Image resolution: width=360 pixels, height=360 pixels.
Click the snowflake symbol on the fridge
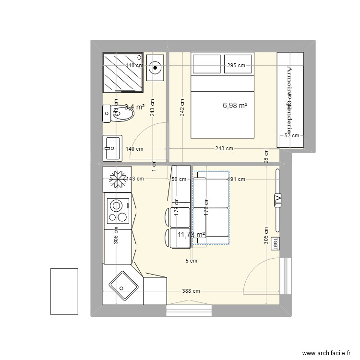coord(117,179)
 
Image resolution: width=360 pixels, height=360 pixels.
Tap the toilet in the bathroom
coord(121,114)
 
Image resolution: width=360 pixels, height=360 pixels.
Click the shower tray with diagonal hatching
coord(123,72)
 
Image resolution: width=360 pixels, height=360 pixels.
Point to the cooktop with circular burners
coord(117,212)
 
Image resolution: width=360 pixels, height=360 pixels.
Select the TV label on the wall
coord(277,201)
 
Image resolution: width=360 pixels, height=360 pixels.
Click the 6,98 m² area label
coord(235,105)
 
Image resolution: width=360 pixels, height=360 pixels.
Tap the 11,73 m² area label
coord(191,235)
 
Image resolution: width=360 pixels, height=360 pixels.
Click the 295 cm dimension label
coord(236,66)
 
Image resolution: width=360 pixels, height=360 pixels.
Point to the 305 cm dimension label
coord(266,236)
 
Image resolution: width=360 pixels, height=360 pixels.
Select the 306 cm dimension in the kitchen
coord(115,236)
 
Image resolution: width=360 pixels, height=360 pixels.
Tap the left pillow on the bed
coord(205,64)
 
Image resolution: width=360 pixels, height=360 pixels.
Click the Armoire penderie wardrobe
coord(290,100)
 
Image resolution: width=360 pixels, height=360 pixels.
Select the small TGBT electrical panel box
coord(276,243)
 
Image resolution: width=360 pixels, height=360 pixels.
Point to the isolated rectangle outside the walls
coord(64,291)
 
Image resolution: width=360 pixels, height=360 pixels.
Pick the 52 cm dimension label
coord(291,136)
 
